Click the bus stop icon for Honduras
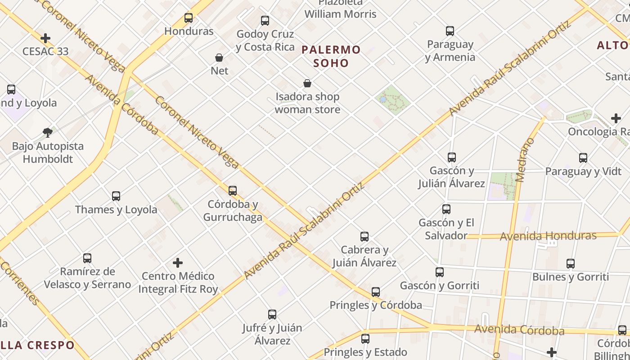189,18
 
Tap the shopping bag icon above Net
219,58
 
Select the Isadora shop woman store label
307,103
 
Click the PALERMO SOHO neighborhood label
331,56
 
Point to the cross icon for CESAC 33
45,38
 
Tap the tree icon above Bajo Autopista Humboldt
48,133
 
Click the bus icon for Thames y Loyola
116,196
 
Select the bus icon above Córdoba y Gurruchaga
233,191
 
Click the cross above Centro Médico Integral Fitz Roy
178,262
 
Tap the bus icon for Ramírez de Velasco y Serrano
87,258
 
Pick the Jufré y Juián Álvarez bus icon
272,315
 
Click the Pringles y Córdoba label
376,305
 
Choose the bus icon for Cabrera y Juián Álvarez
364,237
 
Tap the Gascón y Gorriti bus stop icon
440,272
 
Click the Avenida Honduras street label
548,236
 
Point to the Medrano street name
525,160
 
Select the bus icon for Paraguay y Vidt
583,158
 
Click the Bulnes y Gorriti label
571,277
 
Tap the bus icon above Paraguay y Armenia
450,31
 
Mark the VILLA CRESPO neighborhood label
36,345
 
